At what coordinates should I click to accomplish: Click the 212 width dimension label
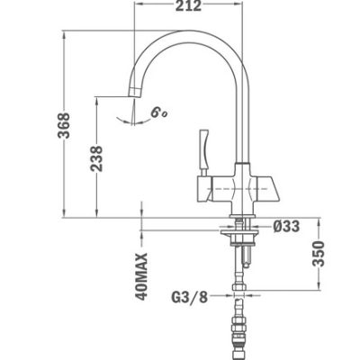[188, 5]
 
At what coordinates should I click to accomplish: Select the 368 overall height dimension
[64, 125]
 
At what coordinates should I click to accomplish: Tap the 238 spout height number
[96, 158]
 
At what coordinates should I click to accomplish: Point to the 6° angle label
[158, 113]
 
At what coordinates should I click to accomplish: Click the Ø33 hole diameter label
[286, 227]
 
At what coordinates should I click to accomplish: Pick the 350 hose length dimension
[319, 254]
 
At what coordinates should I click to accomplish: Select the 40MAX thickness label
[141, 276]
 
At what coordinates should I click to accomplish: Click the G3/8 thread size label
[190, 297]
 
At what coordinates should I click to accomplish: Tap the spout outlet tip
[134, 93]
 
